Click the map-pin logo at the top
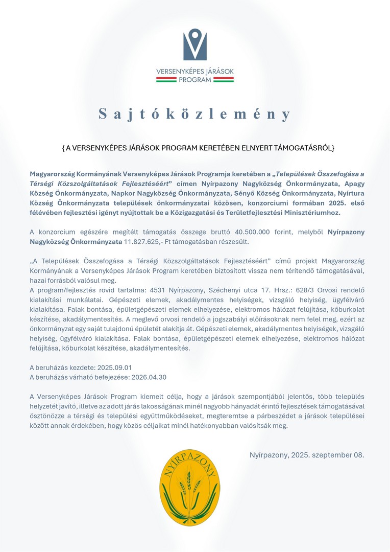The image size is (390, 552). click(195, 44)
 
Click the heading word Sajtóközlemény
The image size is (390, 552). click(195, 114)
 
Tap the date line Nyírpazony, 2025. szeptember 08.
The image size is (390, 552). click(306, 454)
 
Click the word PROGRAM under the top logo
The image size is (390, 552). click(195, 79)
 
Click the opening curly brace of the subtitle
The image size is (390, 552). click(63, 148)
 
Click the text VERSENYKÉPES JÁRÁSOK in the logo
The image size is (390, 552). click(195, 71)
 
